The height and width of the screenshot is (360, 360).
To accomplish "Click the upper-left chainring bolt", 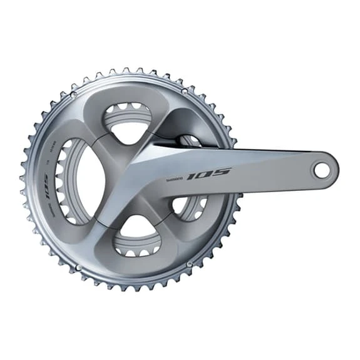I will (73, 95).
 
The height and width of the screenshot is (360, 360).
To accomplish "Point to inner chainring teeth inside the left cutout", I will (62, 182).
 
